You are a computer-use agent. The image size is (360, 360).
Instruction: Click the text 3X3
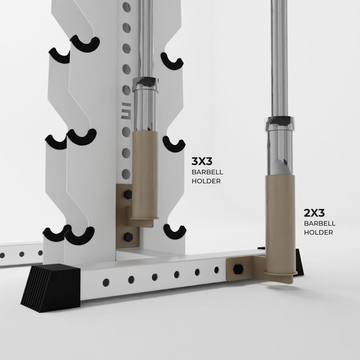coord(202,162)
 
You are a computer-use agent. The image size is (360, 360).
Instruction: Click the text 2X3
coord(314,212)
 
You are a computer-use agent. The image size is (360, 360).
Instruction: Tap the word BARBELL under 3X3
coord(207,172)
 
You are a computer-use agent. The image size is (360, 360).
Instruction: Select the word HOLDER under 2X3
coord(318,232)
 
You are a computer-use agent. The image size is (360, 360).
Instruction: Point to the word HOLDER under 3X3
coord(206,181)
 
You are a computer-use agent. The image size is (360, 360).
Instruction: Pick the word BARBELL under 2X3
coord(320,223)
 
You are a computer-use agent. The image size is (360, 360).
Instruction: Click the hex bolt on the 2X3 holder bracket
coord(238,269)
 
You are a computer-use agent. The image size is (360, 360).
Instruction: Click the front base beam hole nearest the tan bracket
coord(216,269)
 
